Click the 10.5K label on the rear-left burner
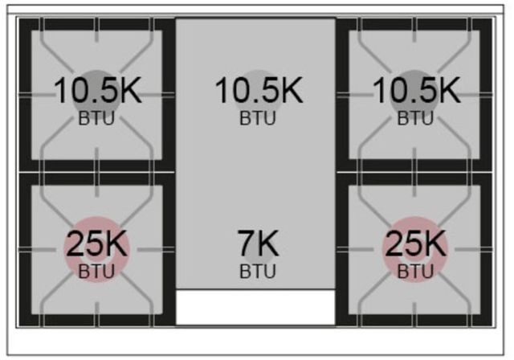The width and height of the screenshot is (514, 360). pyautogui.click(x=98, y=91)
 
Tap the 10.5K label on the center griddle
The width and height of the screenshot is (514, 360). pyautogui.click(x=259, y=91)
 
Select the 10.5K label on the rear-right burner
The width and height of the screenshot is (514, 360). pyautogui.click(x=417, y=91)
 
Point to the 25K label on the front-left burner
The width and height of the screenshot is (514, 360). pyautogui.click(x=96, y=243)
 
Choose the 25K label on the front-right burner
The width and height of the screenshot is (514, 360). pyautogui.click(x=415, y=243)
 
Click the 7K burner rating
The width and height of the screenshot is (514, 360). pyautogui.click(x=258, y=243)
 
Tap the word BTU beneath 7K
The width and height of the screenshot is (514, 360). pyautogui.click(x=258, y=272)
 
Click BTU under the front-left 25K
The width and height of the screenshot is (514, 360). pyautogui.click(x=96, y=272)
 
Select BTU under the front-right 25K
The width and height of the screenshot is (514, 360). pyautogui.click(x=415, y=272)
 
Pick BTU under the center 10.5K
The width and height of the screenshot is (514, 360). pyautogui.click(x=258, y=118)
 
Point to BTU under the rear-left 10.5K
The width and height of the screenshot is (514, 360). pyautogui.click(x=96, y=118)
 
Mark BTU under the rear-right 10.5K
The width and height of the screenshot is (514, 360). pyautogui.click(x=415, y=118)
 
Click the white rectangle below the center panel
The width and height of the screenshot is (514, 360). pyautogui.click(x=255, y=307)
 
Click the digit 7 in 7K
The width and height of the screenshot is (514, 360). pyautogui.click(x=246, y=243)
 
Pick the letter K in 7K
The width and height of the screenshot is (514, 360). pyautogui.click(x=267, y=243)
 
